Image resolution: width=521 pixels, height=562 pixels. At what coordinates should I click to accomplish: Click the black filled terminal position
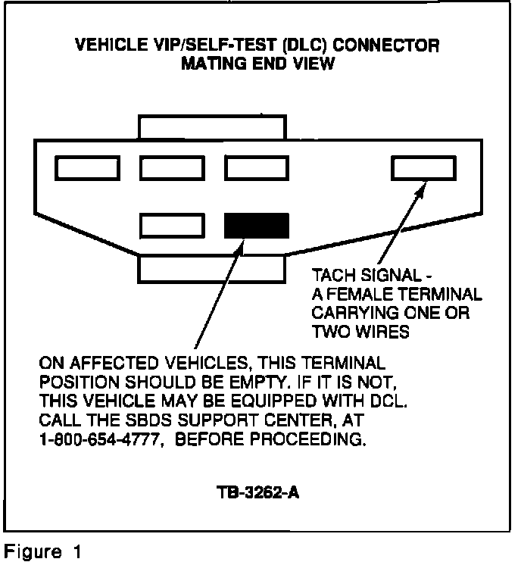[257, 226]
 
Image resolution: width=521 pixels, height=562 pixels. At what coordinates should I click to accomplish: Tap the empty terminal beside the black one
[173, 226]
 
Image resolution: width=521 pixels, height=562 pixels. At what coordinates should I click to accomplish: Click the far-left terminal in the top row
[86, 168]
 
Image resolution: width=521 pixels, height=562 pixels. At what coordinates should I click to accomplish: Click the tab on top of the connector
[211, 126]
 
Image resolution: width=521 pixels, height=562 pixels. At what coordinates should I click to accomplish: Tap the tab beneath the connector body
[210, 269]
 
